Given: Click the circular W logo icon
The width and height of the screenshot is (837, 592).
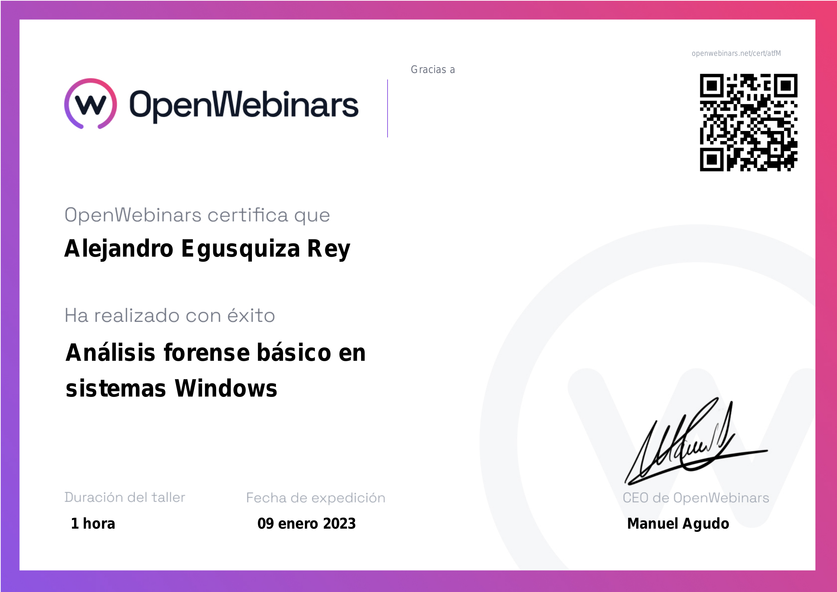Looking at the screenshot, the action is point(91,103).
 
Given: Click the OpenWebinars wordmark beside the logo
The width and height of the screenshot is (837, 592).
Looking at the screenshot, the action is point(244,105).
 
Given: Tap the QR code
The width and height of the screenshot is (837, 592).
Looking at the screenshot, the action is point(748,122).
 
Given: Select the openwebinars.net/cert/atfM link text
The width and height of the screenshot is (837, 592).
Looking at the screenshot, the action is point(736,54).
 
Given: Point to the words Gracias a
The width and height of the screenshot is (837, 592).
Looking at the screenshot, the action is point(433,70).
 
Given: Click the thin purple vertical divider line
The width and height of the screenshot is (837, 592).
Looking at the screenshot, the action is point(388,108).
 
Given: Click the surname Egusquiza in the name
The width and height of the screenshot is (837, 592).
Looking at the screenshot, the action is point(240,249).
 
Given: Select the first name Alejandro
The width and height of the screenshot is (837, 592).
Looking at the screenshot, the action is point(119,249).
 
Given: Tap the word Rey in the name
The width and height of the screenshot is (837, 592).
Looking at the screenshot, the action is point(329,249).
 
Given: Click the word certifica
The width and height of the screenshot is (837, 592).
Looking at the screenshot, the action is point(248,215).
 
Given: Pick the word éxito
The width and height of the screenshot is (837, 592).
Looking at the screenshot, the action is point(251,315).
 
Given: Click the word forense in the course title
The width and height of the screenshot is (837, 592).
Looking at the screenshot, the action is point(207,353).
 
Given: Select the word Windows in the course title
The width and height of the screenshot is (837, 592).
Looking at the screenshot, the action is point(226,389).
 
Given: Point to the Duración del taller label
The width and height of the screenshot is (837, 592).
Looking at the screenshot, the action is point(125,497).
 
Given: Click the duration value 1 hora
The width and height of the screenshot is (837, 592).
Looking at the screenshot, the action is point(93,524).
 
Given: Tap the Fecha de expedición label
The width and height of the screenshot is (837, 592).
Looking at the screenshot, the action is point(316,498).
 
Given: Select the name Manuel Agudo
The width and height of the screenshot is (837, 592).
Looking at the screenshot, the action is point(678,524).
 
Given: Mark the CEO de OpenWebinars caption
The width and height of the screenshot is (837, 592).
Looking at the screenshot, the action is point(696,498).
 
